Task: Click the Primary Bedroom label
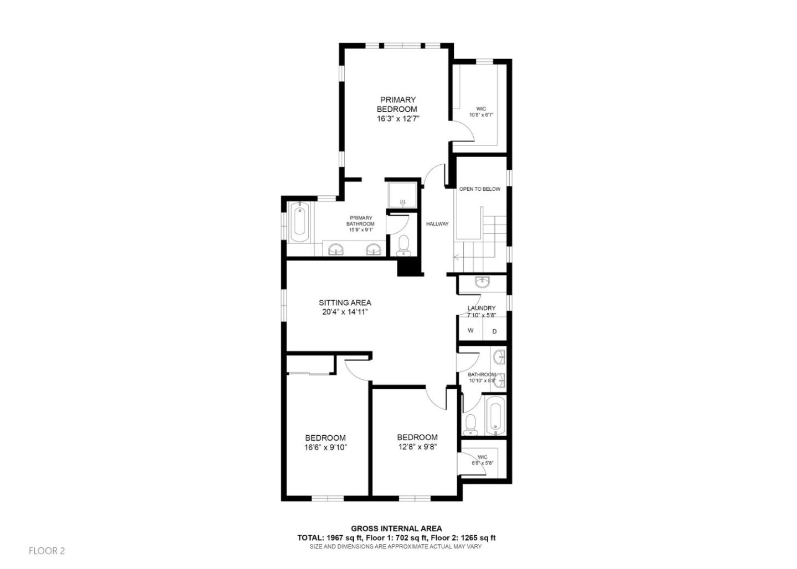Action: coord(397,105)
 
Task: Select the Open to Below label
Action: coord(479,189)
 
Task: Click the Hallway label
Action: coord(437,224)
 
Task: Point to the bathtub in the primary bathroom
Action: coord(299,224)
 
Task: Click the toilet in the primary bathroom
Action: coord(404,245)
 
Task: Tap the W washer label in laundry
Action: coord(470,331)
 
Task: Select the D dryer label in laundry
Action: coord(495,331)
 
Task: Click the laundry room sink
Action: coord(482,283)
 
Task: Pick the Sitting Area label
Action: coord(345,302)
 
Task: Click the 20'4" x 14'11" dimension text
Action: coord(345,312)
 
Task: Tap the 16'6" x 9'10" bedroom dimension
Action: coord(325,447)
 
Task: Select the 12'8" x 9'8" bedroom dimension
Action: coord(417,447)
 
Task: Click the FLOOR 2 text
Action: coord(47,551)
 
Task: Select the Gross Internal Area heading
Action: coord(396,529)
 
